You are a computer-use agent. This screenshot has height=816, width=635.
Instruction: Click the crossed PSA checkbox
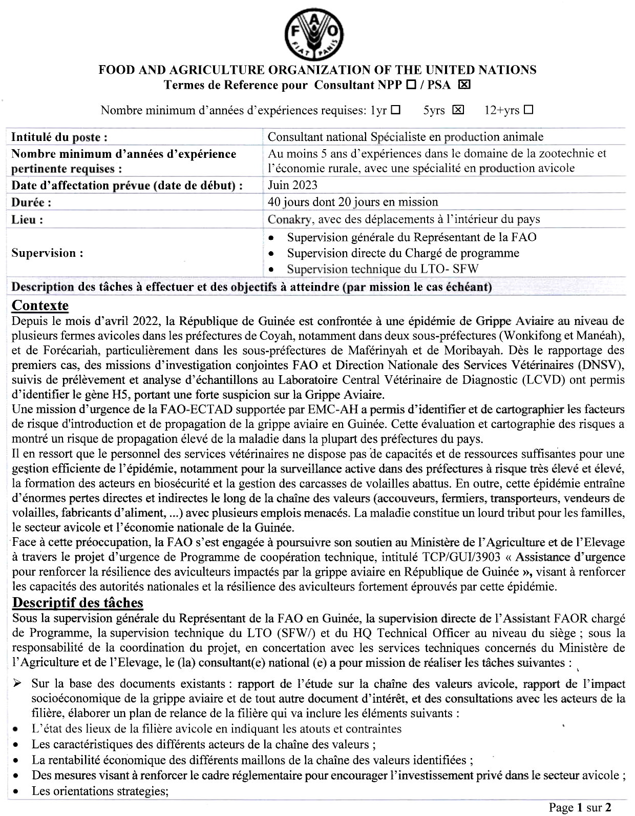coord(463,85)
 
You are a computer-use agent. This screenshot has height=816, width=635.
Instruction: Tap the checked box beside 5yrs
coord(458,110)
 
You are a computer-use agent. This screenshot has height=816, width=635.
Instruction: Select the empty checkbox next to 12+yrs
coord(528,110)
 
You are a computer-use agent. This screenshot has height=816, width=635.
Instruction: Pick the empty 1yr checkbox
coord(395,110)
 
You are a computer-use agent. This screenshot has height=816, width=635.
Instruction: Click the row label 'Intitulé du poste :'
coord(59,137)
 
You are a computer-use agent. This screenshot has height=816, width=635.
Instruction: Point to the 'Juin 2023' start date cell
coord(292,185)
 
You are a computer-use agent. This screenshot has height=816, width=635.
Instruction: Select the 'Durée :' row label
coord(31,202)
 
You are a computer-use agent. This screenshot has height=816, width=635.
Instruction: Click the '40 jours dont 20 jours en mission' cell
coord(353,202)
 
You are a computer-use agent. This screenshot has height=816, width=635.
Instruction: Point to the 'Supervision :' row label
coord(47,253)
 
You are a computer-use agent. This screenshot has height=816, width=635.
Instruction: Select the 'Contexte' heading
coord(40,306)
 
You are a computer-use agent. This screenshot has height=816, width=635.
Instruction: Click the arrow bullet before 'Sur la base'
coord(17,684)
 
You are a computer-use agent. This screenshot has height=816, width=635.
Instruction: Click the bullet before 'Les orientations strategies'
coord(17,792)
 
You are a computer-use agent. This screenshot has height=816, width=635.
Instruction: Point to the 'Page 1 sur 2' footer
coord(580,808)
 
